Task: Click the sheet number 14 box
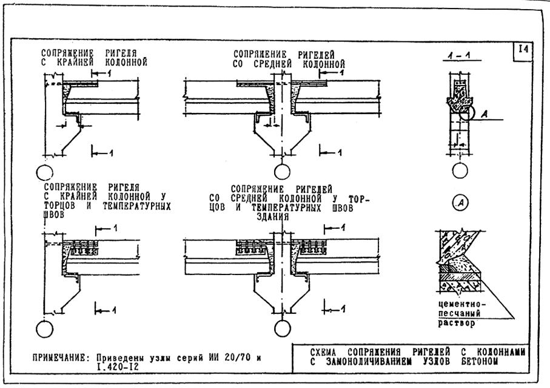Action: [x=523, y=50]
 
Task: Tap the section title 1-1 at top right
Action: [x=461, y=55]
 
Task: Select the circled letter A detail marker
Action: [x=460, y=203]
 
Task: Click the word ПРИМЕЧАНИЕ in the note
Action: [x=59, y=358]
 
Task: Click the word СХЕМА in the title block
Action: [x=323, y=352]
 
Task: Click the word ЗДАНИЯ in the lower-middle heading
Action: [x=273, y=217]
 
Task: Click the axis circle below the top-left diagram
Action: [x=44, y=173]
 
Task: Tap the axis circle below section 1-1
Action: [x=460, y=171]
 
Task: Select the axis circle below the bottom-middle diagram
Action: [x=283, y=328]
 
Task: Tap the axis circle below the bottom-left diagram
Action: [x=44, y=329]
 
